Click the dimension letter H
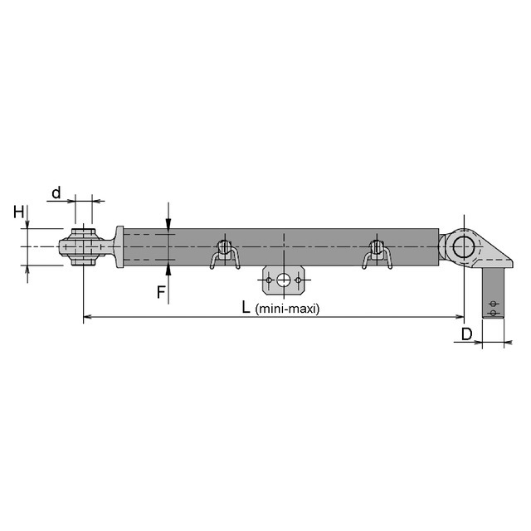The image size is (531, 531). click(18, 212)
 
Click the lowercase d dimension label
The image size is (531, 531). click(56, 193)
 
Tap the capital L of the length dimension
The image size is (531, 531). click(246, 307)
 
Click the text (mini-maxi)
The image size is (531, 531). click(287, 309)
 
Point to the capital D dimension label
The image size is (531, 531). click(467, 334)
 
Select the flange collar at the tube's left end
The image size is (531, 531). click(119, 247)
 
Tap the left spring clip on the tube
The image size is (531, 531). click(224, 253)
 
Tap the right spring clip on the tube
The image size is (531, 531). click(377, 253)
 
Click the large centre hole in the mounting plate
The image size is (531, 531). click(284, 280)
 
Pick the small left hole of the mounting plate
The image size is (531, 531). click(269, 280)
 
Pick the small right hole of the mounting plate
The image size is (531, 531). click(299, 280)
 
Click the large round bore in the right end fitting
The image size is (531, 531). click(463, 246)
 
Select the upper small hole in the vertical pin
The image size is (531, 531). click(494, 302)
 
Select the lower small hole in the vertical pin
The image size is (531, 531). click(494, 313)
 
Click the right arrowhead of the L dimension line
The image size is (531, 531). click(459, 317)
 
